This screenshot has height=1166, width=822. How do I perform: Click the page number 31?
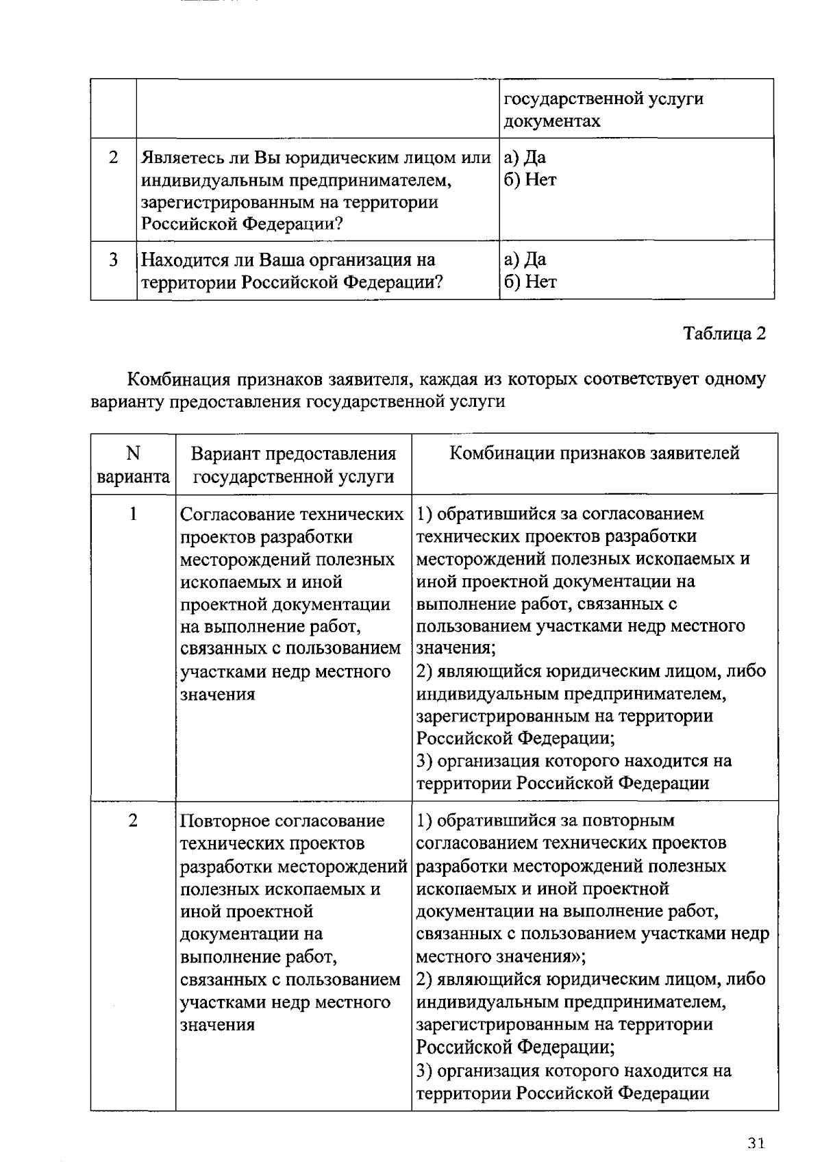click(x=756, y=1143)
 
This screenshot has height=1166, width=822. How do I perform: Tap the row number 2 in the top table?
click(x=113, y=158)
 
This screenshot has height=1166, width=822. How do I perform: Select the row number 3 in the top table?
click(x=113, y=260)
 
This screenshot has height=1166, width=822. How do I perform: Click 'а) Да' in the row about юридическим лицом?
click(x=525, y=158)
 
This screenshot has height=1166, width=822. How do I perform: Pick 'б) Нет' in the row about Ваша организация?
click(x=530, y=282)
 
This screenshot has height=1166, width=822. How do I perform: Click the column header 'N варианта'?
click(x=133, y=464)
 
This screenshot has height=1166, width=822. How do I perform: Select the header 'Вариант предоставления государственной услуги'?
click(x=293, y=464)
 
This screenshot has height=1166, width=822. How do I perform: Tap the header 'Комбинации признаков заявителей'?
click(x=594, y=453)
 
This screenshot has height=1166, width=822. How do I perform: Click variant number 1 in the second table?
click(x=133, y=513)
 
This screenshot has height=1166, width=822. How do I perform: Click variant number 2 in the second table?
click(x=133, y=820)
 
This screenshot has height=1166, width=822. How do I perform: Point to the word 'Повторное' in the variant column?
click(x=224, y=821)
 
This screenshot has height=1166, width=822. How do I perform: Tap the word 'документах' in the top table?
click(x=552, y=121)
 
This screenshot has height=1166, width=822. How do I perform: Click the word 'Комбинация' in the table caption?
click(x=179, y=379)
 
